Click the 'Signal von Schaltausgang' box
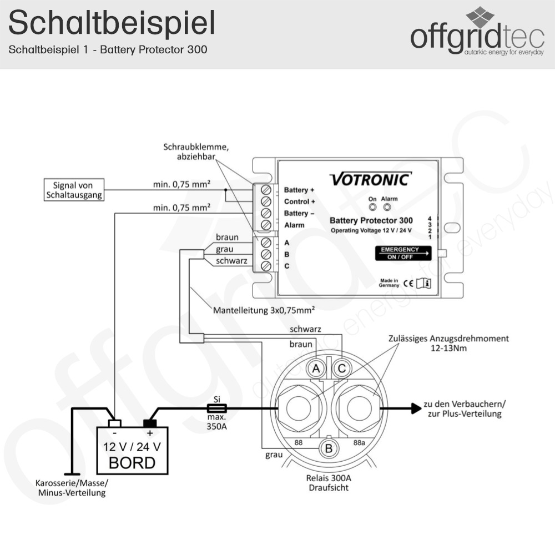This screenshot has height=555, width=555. (x=73, y=189)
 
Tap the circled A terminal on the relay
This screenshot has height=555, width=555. (x=316, y=368)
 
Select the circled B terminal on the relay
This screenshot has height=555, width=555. (x=328, y=448)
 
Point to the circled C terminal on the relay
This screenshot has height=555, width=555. (x=342, y=368)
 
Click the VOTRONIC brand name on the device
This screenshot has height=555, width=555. (x=371, y=179)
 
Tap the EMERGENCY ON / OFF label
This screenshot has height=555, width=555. (x=404, y=253)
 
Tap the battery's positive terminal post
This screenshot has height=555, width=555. (x=150, y=423)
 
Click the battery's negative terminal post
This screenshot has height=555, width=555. (x=114, y=423)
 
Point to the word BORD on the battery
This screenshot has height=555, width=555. (x=132, y=462)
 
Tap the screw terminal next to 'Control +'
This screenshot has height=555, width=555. (x=266, y=201)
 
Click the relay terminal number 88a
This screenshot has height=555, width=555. (x=360, y=442)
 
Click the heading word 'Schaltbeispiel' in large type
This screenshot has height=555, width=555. (x=112, y=23)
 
